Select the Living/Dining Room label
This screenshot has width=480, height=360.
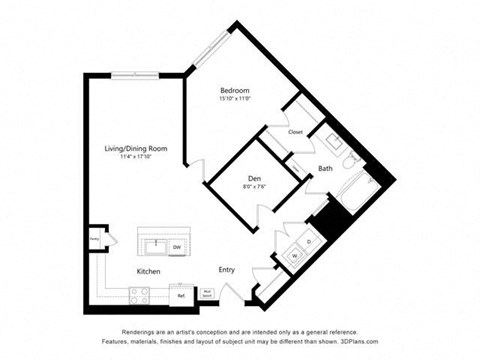pyautogui.click(x=136, y=148)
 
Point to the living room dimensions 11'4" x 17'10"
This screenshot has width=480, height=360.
pyautogui.click(x=136, y=157)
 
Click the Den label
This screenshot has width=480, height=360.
pyautogui.click(x=255, y=178)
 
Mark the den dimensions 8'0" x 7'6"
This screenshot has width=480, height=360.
pyautogui.click(x=255, y=187)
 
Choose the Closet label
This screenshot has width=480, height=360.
pyautogui.click(x=295, y=132)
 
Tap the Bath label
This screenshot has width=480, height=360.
pyautogui.click(x=326, y=168)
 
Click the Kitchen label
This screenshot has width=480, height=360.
pyautogui.click(x=150, y=270)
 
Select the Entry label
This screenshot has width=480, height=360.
pyautogui.click(x=227, y=270)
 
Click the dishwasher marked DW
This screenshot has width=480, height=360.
pyautogui.click(x=176, y=246)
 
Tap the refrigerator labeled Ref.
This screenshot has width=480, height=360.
pyautogui.click(x=182, y=294)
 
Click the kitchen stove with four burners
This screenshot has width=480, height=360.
pyautogui.click(x=140, y=294)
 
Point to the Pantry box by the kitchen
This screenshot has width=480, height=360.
pyautogui.click(x=94, y=239)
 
